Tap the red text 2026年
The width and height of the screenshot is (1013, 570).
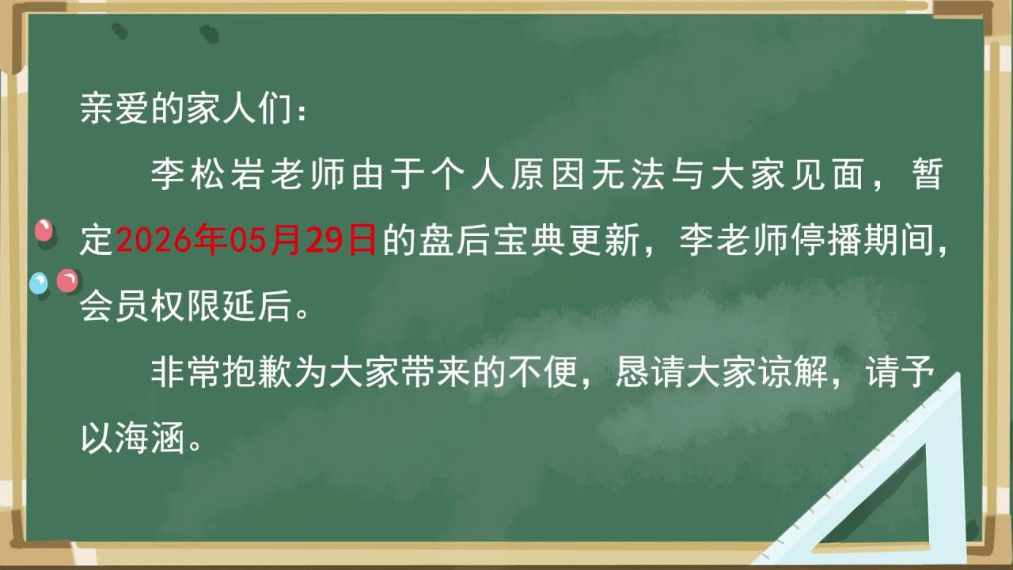[x=172, y=239]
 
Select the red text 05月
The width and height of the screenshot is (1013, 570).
[x=265, y=239]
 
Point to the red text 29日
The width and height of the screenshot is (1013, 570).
[x=341, y=239]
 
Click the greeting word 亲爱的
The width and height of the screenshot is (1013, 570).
[x=132, y=108]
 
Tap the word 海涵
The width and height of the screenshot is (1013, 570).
[x=150, y=438]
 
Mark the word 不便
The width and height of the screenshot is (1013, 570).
[x=544, y=372]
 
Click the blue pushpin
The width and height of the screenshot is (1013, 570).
[x=39, y=283]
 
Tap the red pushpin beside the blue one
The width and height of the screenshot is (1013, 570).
[x=67, y=281]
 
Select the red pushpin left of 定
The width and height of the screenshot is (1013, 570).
[x=44, y=230]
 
